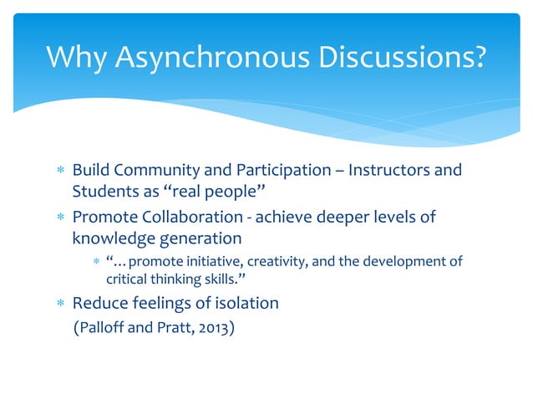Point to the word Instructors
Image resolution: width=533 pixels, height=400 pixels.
[x=394, y=171]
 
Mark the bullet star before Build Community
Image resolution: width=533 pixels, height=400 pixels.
[x=58, y=172]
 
